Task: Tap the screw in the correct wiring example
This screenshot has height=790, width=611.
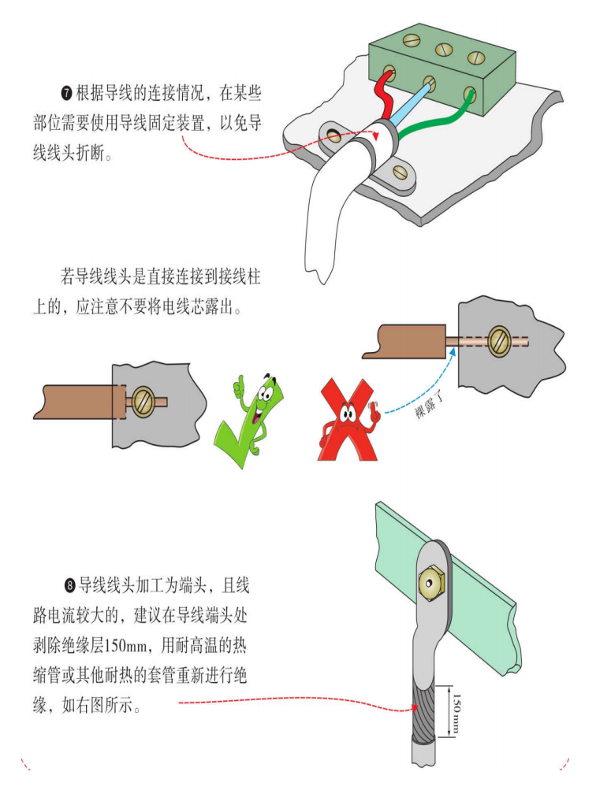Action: click(x=143, y=402)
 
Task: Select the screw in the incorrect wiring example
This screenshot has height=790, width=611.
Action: click(x=501, y=342)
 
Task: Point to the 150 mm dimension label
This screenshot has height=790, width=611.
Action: click(x=456, y=714)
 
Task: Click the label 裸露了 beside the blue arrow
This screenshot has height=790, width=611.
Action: click(x=430, y=406)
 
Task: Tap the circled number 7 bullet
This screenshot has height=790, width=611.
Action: click(x=67, y=93)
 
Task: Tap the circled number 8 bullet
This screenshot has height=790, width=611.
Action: click(x=70, y=586)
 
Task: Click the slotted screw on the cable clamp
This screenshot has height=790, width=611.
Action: click(x=401, y=172)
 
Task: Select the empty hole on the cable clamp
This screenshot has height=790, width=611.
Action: click(x=333, y=135)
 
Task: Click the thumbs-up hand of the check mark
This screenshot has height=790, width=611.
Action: click(x=238, y=385)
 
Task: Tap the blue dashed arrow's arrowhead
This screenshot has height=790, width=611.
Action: click(x=453, y=350)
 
